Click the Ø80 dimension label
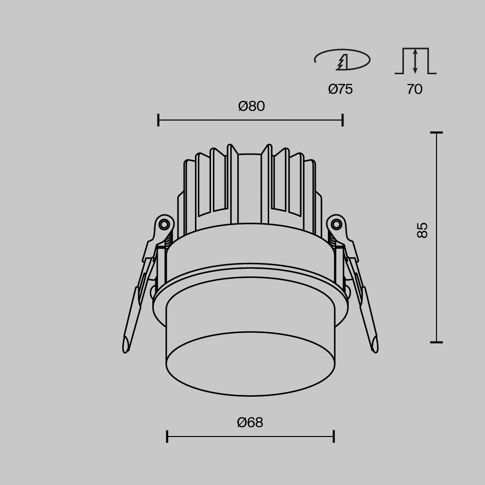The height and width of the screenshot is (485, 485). pos(251,106)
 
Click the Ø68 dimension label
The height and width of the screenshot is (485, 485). pos(250,422)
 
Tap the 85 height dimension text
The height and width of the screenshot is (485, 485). pos(422,230)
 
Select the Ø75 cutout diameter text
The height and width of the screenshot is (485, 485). pos(340,89)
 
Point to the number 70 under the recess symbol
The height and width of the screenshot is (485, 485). pos(414,89)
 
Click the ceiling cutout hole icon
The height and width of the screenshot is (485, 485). pos(342,60)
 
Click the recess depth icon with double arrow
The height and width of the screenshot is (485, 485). pos(415,61)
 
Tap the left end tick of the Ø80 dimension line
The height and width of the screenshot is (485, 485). pos(159,120)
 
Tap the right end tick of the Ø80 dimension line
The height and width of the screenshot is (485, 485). pos(342,120)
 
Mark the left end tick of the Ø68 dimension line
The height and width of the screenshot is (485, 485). pos(167,436)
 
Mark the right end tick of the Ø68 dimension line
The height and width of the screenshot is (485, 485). pos(334,436)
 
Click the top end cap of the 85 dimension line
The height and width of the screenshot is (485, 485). pos(436,132)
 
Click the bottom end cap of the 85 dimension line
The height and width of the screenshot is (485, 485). pos(436,342)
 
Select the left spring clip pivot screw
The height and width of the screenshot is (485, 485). pos(164,224)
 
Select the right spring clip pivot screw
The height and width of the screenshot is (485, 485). pos(336,224)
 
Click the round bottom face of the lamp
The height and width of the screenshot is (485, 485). pos(250,364)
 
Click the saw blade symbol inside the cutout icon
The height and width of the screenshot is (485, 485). pos(342,62)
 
